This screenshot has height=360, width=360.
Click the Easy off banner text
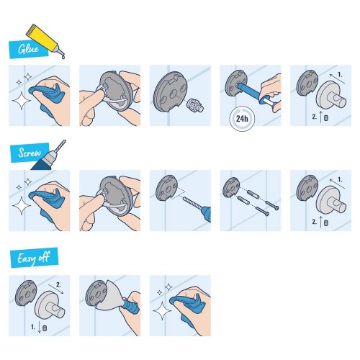point(33,256)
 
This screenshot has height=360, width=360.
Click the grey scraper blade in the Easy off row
point(112,298)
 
